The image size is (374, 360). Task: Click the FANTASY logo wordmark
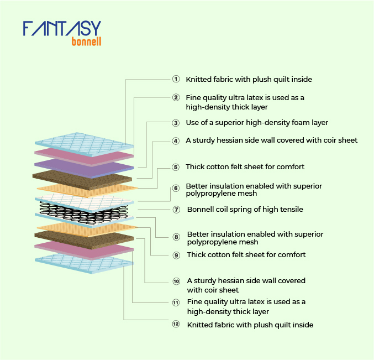click(62, 28)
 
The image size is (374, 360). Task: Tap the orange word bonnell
click(86, 41)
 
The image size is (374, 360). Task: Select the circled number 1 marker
click(176, 79)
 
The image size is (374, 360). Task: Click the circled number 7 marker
click(176, 210)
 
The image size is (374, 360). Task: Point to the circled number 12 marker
click(176, 324)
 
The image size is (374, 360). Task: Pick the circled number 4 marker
click(176, 141)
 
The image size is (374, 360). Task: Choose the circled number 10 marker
click(176, 281)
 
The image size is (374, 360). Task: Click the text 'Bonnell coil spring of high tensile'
click(245, 210)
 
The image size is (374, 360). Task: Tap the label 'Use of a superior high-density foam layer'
click(257, 123)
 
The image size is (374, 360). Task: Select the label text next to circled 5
click(245, 166)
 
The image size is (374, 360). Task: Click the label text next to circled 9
click(246, 255)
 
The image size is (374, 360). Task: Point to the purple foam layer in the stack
click(84, 169)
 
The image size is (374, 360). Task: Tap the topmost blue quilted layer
click(84, 144)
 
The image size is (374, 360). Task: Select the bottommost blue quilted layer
click(84, 264)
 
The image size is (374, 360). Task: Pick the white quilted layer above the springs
click(84, 203)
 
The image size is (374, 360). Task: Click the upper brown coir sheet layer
click(82, 180)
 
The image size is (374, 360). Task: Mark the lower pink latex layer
click(84, 250)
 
